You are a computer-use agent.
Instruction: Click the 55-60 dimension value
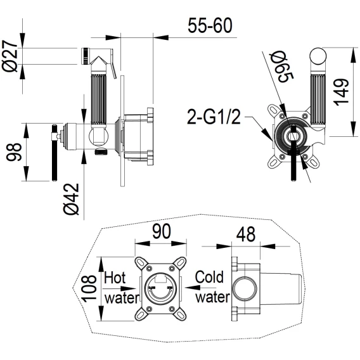click(x=210, y=25)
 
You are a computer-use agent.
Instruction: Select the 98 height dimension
click(x=14, y=152)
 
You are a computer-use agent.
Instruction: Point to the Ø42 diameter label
click(x=71, y=199)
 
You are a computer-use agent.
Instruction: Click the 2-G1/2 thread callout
click(x=214, y=117)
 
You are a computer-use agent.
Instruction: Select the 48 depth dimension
click(x=246, y=234)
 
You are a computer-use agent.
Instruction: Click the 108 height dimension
click(x=89, y=288)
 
